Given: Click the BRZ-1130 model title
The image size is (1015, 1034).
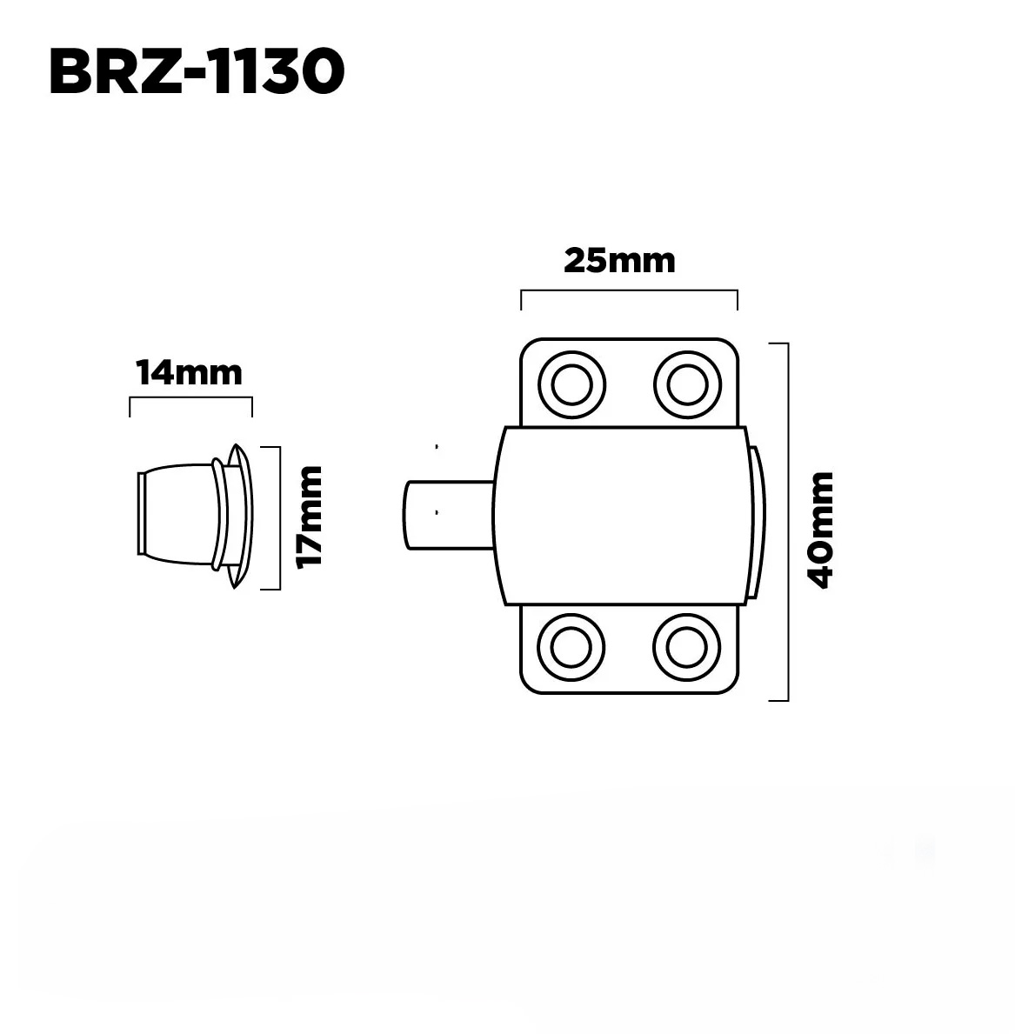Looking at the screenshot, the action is [x=197, y=71].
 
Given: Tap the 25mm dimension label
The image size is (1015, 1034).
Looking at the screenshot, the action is [x=619, y=261].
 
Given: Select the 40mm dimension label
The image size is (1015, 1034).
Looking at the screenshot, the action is [x=822, y=530].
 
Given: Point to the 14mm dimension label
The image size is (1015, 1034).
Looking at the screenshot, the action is [x=190, y=372].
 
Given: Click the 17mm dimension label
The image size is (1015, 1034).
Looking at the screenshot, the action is [x=309, y=517].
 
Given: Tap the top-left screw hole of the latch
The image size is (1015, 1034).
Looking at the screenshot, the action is [x=571, y=384].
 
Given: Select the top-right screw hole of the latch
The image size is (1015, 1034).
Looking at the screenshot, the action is [x=687, y=384].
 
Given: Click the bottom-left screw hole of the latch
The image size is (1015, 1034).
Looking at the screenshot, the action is [x=571, y=647].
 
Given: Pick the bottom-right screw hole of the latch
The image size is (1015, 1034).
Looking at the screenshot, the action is [x=686, y=647].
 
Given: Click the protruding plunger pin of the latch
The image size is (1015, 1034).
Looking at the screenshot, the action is [x=449, y=514].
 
